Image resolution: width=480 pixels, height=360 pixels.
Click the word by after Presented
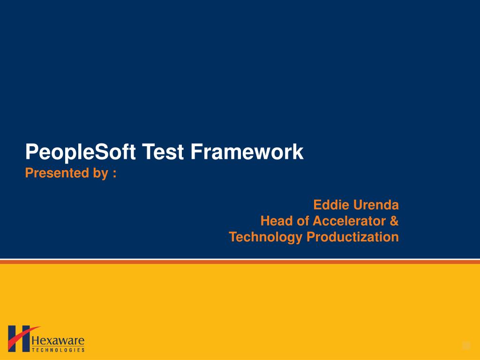pyautogui.click(x=100, y=174)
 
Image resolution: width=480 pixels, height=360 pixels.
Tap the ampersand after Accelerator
pyautogui.click(x=394, y=221)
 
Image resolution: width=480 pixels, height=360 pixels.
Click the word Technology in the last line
pyautogui.click(x=266, y=237)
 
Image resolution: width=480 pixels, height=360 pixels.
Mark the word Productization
pyautogui.click(x=353, y=237)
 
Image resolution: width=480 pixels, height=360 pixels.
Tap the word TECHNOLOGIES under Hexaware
pyautogui.click(x=58, y=350)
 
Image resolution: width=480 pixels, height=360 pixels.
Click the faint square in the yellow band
pyautogui.click(x=466, y=346)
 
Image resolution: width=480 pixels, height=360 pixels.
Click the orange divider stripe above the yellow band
pyautogui.click(x=240, y=262)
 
